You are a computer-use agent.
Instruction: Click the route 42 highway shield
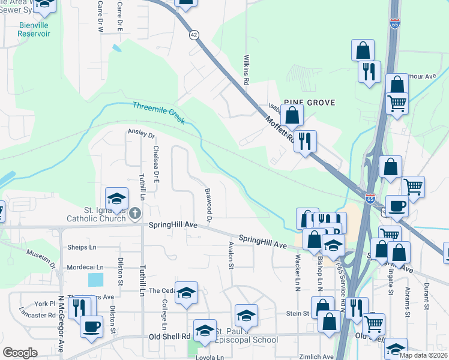[x=193, y=35]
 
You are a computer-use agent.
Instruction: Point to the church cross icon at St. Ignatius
[x=136, y=212]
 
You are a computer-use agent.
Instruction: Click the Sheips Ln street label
[x=82, y=247]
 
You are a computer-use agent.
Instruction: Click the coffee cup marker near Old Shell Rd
[x=91, y=327]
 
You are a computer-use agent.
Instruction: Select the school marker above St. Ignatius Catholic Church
[x=116, y=198]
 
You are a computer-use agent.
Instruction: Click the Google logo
[x=20, y=353]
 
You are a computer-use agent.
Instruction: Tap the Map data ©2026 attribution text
[x=423, y=355]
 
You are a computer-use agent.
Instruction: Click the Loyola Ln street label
[x=210, y=357]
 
